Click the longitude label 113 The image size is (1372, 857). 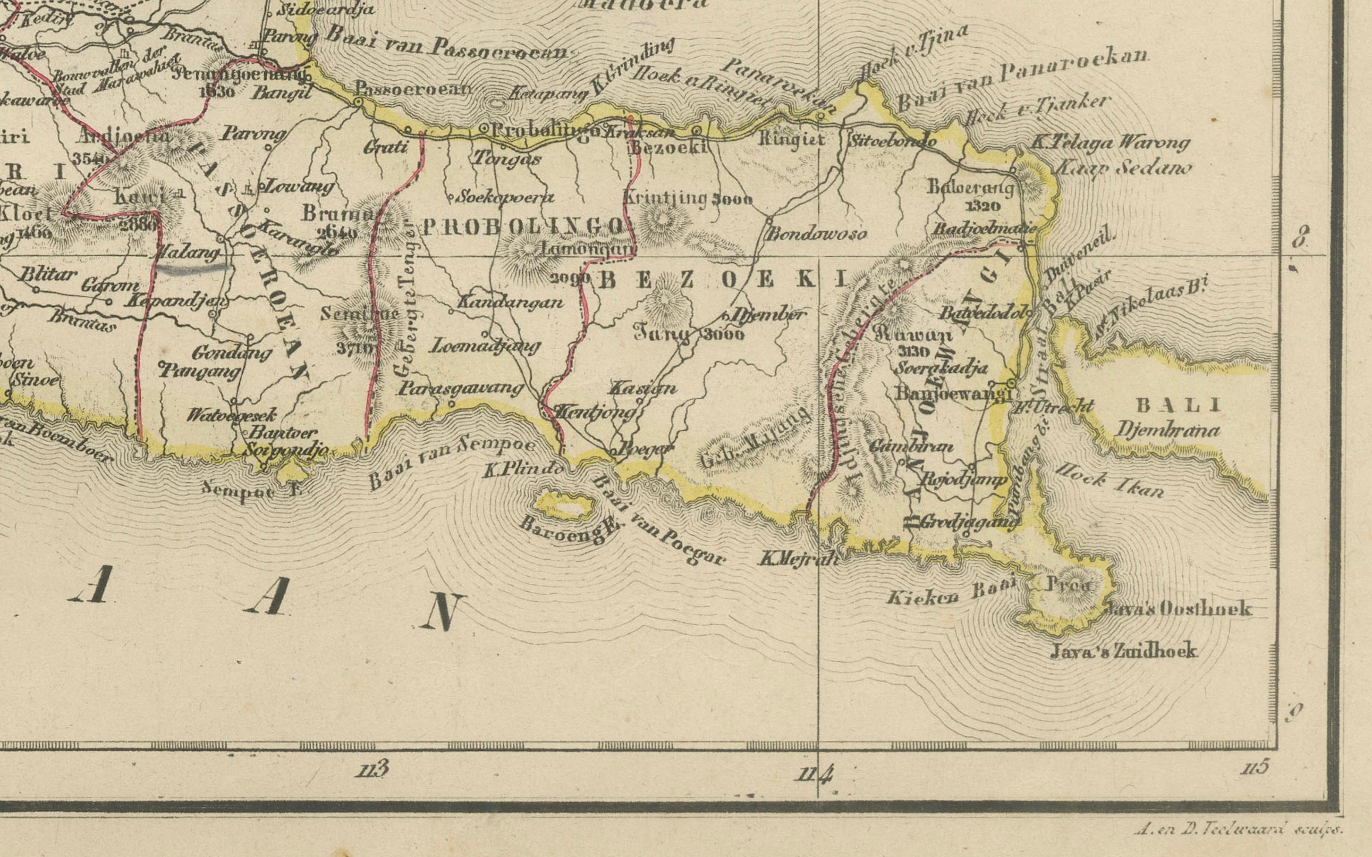(x=373, y=769)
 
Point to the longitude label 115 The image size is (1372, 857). (x=1253, y=767)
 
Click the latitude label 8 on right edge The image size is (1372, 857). (x=1301, y=237)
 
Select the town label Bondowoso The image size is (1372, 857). (x=816, y=234)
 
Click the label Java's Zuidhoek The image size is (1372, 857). (x=1124, y=651)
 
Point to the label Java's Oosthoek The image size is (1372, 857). (x=1177, y=609)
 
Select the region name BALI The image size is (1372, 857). (x=1178, y=405)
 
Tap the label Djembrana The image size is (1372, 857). (x=1168, y=430)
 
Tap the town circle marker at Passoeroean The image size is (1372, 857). (x=358, y=101)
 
